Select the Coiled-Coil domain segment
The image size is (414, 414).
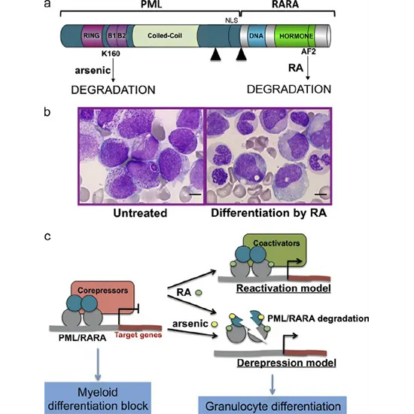tap(163, 35)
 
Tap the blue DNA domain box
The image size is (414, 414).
tap(251, 35)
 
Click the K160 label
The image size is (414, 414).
tap(111, 56)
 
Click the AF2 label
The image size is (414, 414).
tap(308, 55)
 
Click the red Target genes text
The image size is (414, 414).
tap(139, 335)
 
